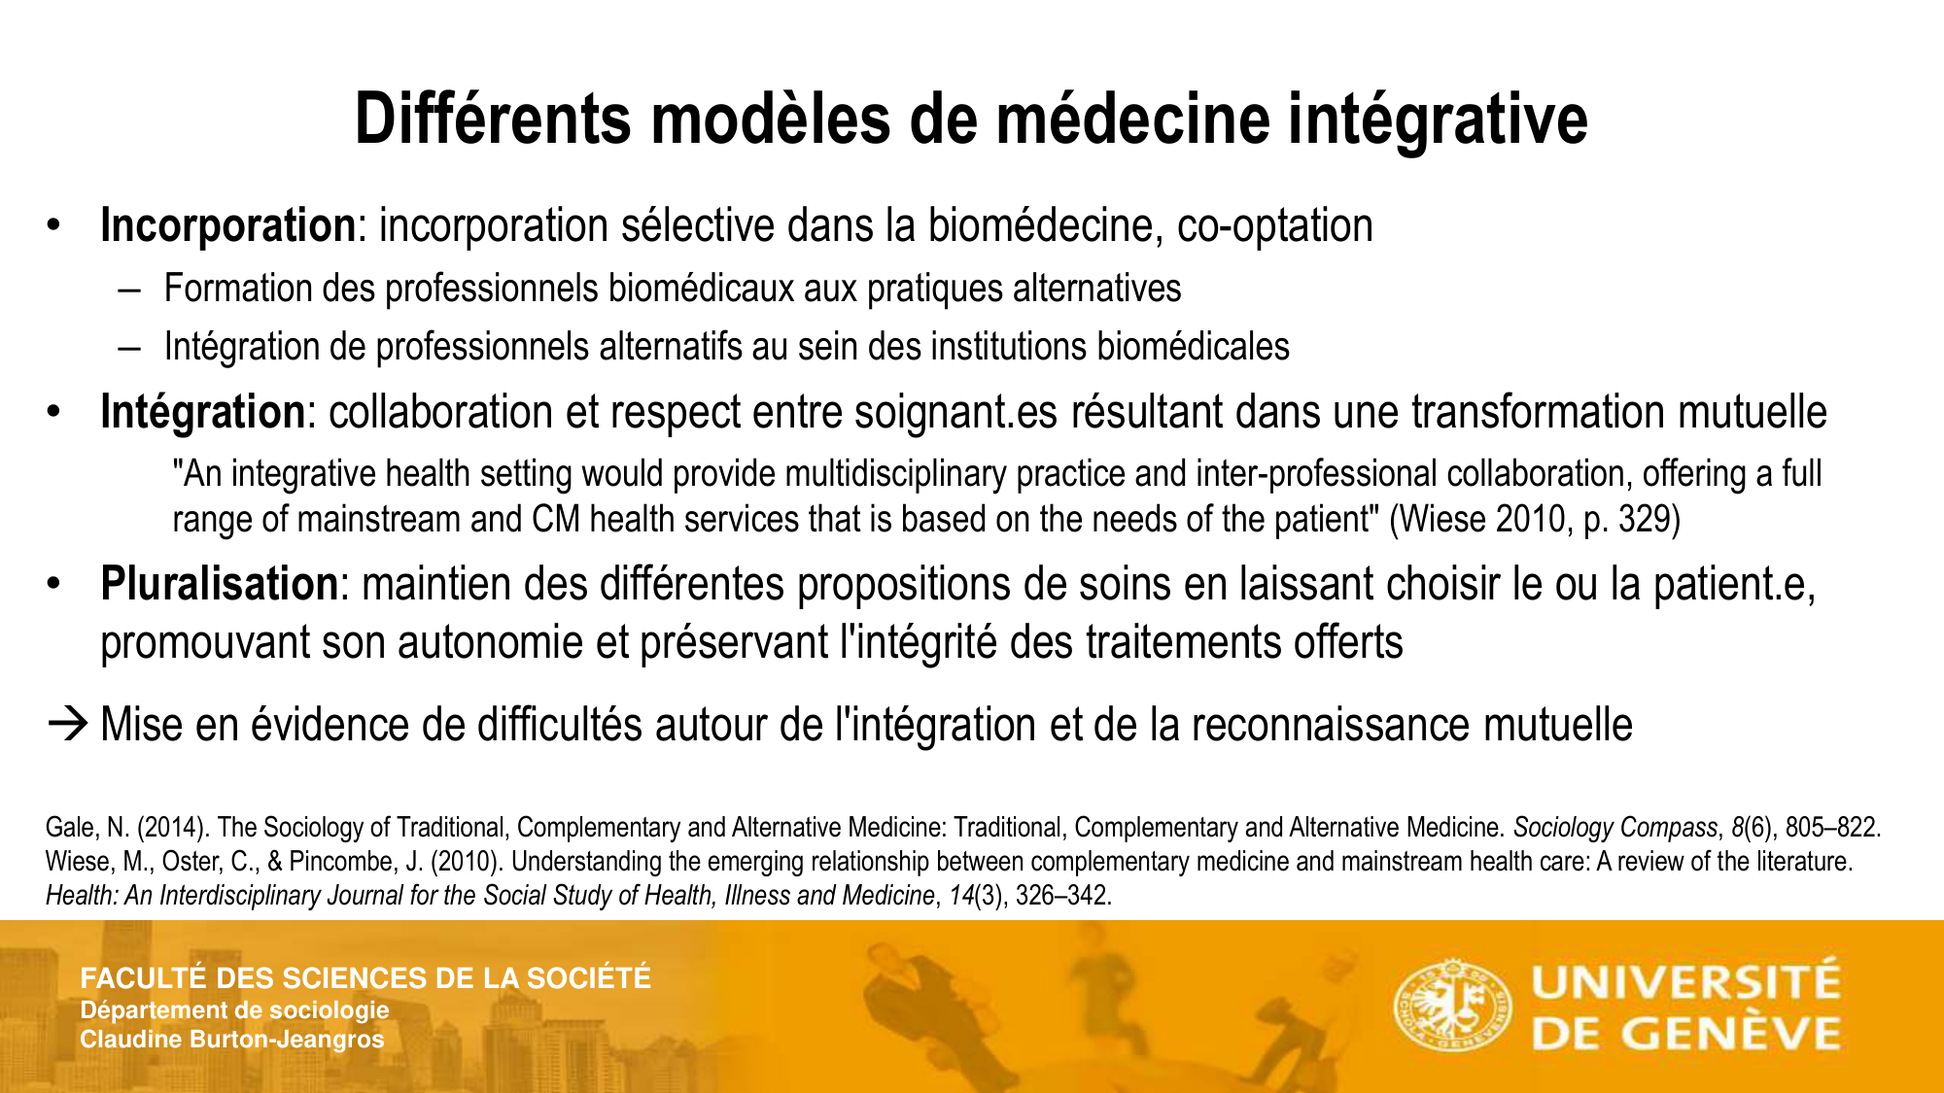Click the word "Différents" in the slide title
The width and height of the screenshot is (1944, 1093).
(x=494, y=120)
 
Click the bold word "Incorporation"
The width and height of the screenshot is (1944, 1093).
(x=228, y=226)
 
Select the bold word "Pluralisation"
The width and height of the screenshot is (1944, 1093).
(x=220, y=585)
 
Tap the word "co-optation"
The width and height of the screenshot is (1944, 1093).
(x=1274, y=226)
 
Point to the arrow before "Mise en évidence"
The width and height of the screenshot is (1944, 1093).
(x=68, y=725)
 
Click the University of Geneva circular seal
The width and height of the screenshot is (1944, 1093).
(x=1453, y=1005)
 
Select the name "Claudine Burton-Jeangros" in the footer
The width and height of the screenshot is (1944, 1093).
(x=232, y=1040)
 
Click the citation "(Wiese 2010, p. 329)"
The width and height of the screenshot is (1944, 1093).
(x=1535, y=520)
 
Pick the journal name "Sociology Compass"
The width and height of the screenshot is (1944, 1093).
(x=1615, y=828)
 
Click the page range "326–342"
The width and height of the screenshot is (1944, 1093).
(x=1062, y=896)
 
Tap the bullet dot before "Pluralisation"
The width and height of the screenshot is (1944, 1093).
(x=53, y=585)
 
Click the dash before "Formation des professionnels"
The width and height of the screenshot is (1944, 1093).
(x=129, y=290)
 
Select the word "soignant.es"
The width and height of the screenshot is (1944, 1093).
(x=956, y=413)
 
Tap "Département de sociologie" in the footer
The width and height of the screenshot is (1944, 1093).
(x=234, y=1010)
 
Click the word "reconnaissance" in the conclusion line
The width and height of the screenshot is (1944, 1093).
(x=1330, y=726)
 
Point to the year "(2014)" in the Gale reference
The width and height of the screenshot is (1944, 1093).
(x=171, y=828)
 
